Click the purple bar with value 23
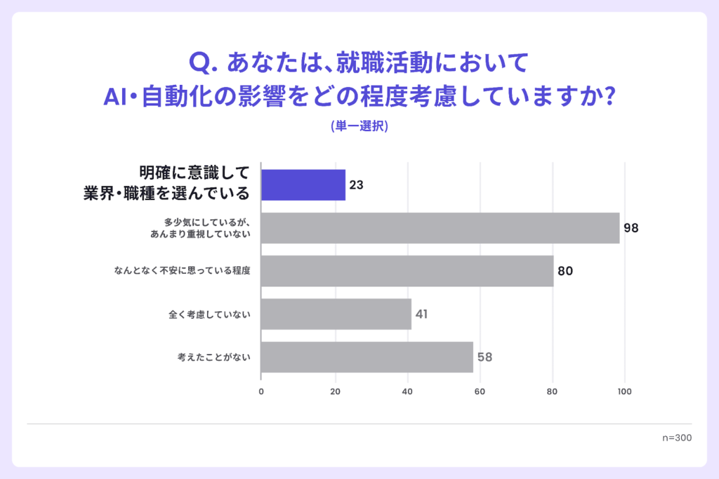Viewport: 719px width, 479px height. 303,185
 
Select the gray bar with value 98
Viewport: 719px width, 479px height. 440,228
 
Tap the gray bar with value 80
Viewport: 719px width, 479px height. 407,271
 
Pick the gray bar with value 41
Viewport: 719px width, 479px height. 336,314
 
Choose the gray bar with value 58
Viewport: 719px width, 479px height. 367,357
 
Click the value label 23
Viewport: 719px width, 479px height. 356,186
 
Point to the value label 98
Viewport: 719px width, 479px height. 631,228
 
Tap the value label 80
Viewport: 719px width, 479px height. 566,271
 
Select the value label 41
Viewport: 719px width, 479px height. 421,314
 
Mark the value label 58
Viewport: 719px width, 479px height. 484,357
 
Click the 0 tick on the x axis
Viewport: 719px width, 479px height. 261,391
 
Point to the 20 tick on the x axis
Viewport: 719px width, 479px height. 334,391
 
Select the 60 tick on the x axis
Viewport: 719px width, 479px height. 480,391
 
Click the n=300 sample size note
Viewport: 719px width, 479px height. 677,438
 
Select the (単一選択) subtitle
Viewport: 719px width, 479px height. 359,126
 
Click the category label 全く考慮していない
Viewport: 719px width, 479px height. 209,314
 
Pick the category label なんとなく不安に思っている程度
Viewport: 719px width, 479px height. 182,271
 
